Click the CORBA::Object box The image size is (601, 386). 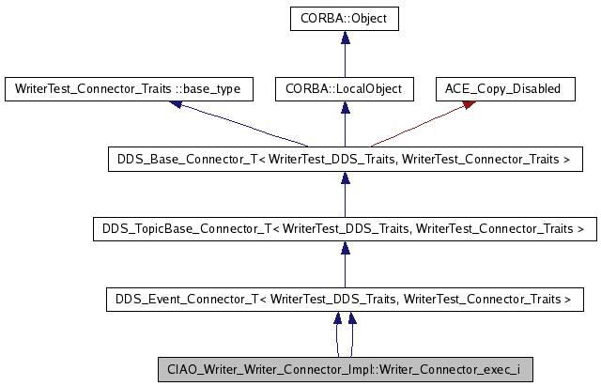click(x=345, y=19)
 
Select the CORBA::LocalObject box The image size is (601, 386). click(x=345, y=89)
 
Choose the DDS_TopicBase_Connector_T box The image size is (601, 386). click(x=345, y=229)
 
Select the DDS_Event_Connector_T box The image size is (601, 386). click(x=345, y=300)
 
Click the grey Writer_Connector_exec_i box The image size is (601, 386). click(x=345, y=369)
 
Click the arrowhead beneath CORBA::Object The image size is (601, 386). click(x=345, y=37)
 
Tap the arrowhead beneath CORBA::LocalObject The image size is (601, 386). click(x=345, y=107)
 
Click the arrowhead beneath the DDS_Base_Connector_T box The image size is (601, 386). click(x=345, y=178)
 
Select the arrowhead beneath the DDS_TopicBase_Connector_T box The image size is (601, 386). click(x=345, y=247)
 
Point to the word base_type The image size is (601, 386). click(x=211, y=89)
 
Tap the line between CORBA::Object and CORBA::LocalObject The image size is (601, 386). click(x=345, y=61)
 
